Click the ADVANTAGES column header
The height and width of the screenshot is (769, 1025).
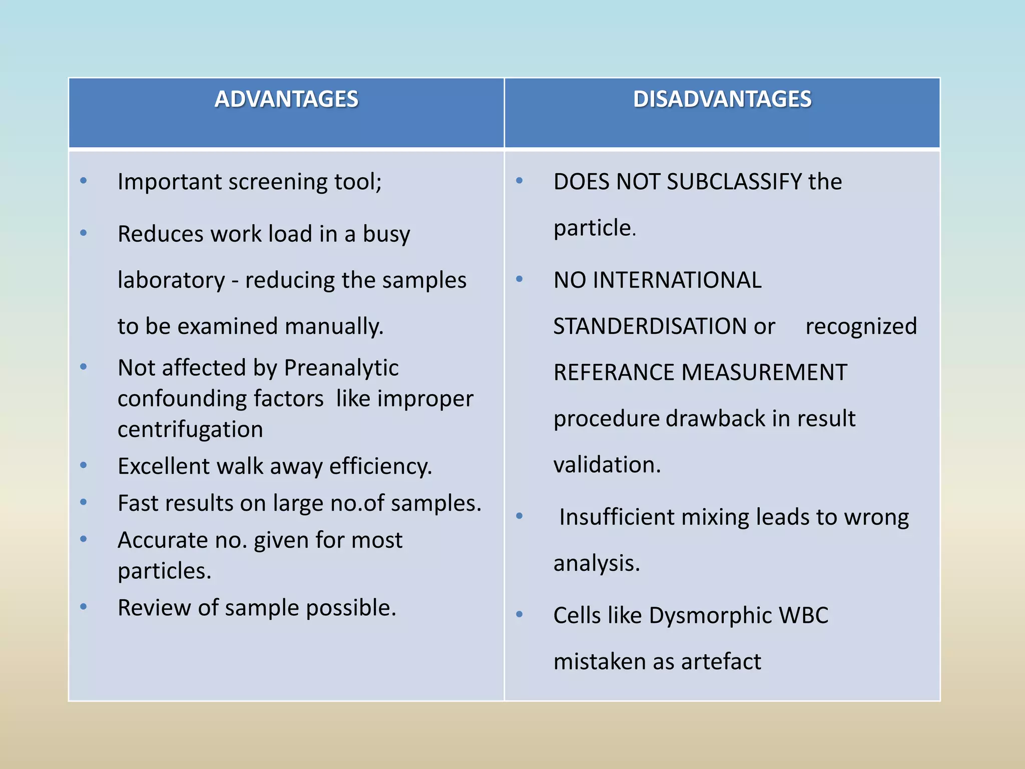tap(286, 99)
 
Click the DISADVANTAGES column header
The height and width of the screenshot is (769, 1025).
tap(722, 99)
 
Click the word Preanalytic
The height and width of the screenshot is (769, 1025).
tap(341, 368)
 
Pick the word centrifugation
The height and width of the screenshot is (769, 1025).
tap(190, 430)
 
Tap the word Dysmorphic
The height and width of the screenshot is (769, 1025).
tap(710, 615)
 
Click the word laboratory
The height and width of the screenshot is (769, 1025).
tap(171, 280)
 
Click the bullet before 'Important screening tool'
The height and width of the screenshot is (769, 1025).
tap(84, 181)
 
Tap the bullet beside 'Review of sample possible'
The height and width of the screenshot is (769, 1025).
tap(84, 607)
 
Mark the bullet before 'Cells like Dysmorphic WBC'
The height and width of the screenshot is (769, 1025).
tap(520, 614)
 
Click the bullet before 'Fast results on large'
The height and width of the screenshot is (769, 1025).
tap(84, 502)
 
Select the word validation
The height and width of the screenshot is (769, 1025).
tap(607, 465)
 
